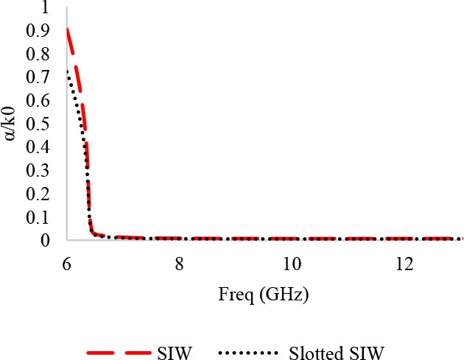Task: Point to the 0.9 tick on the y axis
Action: (41, 31)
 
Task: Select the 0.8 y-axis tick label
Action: (41, 54)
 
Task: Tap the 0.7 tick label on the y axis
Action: (41, 77)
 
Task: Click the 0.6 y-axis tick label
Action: (41, 101)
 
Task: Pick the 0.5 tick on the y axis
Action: (41, 124)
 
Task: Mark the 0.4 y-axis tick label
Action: (41, 147)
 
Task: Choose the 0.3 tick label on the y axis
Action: (41, 171)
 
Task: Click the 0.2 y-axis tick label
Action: (41, 194)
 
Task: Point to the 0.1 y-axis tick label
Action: (41, 217)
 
